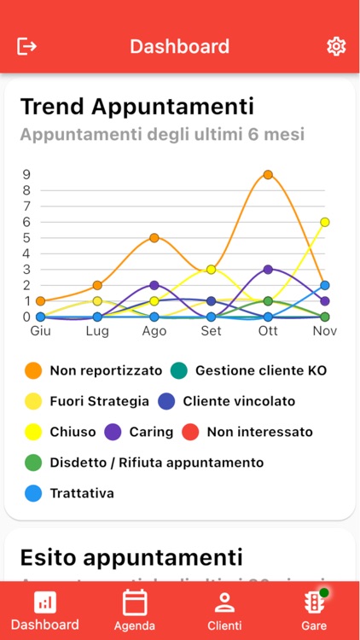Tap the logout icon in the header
(x=27, y=46)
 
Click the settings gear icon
(x=336, y=46)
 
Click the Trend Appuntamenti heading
(x=136, y=107)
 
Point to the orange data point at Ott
(x=268, y=174)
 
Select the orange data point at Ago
(x=154, y=237)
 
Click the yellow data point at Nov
(x=324, y=222)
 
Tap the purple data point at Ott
(x=268, y=269)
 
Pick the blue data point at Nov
(x=324, y=285)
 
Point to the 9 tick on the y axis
(x=27, y=174)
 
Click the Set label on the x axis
(x=211, y=331)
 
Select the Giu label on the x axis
(x=40, y=331)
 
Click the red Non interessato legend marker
(x=191, y=432)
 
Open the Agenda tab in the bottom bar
(x=135, y=611)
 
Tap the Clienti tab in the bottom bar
(x=224, y=611)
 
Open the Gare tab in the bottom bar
(x=314, y=611)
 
